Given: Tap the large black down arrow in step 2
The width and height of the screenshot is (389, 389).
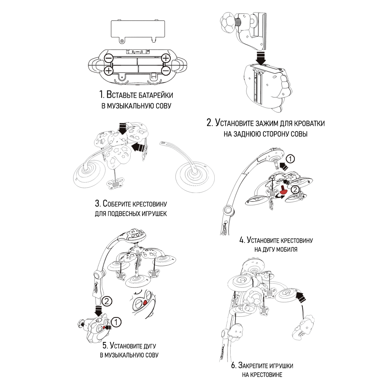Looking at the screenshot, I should coord(261,58).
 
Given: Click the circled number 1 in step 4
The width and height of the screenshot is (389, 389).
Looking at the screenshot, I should coord(291,159).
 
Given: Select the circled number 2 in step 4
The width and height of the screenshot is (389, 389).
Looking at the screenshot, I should coord(296,189).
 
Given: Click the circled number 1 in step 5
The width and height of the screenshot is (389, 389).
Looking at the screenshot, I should coord(117,322).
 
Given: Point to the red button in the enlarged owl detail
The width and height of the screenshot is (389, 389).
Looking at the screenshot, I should coord(145,303).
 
